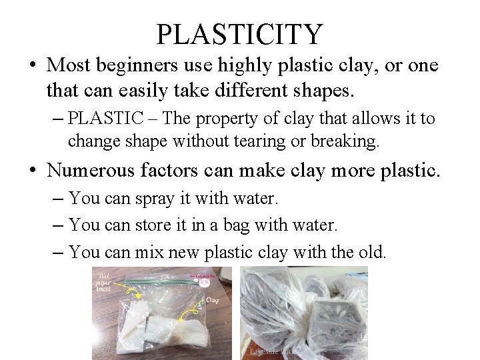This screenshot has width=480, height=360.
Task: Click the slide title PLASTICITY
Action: (239, 33)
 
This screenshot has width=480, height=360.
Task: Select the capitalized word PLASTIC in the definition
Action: (106, 119)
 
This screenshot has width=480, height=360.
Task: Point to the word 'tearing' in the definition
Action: (282, 141)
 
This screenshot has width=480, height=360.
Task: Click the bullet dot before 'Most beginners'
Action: (33, 66)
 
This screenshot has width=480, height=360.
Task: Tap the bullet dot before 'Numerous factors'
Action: (33, 171)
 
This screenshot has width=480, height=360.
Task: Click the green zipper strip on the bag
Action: (160, 280)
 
